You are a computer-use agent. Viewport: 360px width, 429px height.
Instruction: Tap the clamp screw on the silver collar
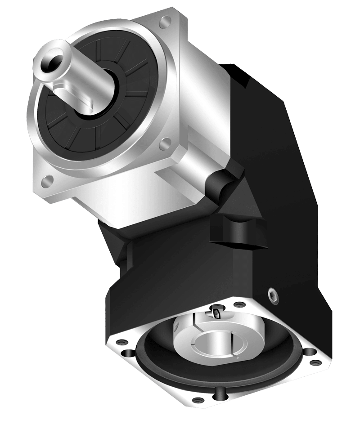[217, 312]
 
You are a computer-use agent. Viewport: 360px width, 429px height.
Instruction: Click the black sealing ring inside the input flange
[162, 355]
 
